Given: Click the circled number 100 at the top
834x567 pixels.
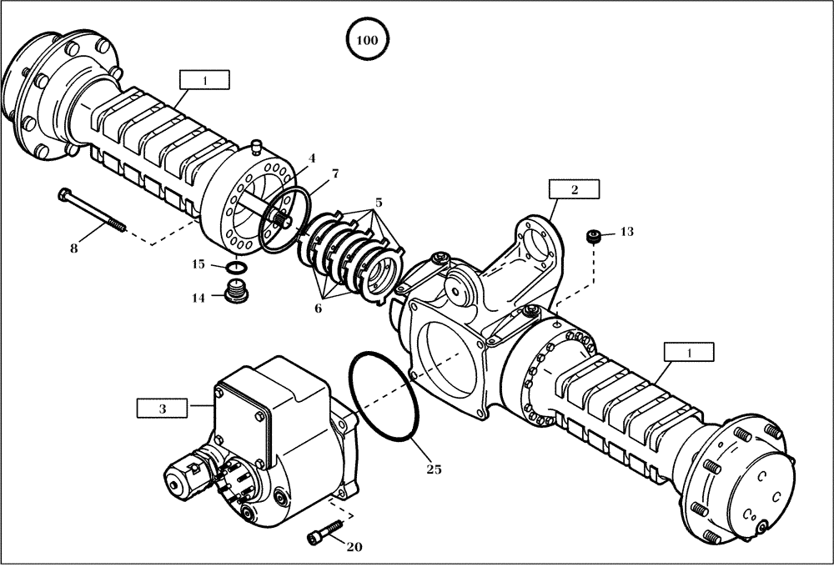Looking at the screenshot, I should click(367, 39).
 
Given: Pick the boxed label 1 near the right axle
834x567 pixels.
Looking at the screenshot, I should click(690, 354).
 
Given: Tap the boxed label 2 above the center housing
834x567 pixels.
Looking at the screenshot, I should click(574, 190).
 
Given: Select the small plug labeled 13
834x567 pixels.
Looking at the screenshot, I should click(595, 237).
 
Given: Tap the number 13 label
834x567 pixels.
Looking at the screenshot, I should click(627, 232).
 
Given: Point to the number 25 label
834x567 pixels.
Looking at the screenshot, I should click(434, 469).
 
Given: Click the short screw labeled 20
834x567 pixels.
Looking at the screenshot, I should click(324, 531).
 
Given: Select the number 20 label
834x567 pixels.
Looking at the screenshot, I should click(354, 548).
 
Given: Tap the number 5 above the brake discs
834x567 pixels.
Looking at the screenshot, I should click(379, 203).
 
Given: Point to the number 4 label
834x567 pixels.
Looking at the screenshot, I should click(311, 158).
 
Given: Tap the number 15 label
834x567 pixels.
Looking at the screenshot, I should click(199, 264).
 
